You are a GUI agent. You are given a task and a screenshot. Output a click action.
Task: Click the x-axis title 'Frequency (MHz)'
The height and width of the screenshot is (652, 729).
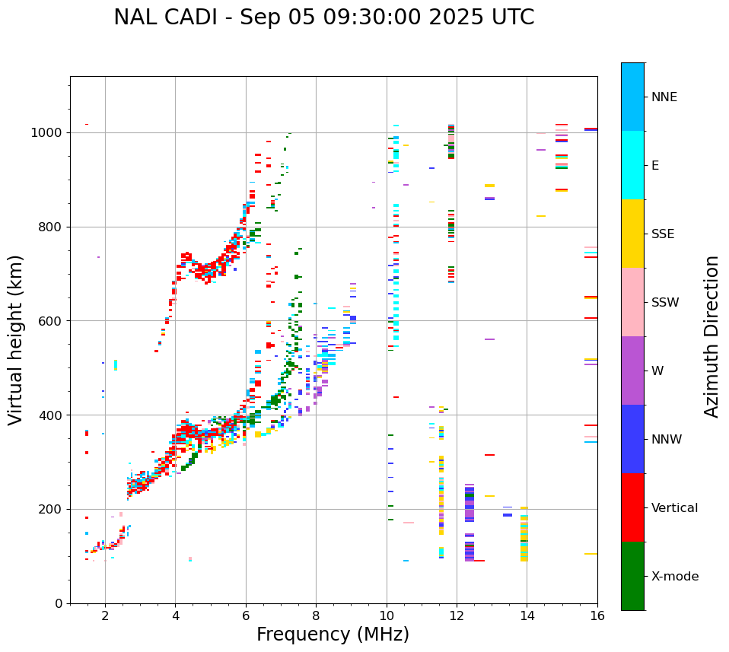[x=333, y=635]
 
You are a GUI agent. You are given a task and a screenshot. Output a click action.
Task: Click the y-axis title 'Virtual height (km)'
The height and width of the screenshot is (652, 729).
[x=16, y=339]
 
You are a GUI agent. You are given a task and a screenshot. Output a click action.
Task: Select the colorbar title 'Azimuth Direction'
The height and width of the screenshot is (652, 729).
[x=711, y=336]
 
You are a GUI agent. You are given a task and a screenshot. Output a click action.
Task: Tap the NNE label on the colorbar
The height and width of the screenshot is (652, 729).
[x=664, y=97]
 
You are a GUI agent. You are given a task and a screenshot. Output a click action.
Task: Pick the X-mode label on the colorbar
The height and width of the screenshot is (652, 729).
[x=674, y=577]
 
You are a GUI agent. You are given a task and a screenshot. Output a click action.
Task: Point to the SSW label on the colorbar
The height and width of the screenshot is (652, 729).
[x=665, y=303]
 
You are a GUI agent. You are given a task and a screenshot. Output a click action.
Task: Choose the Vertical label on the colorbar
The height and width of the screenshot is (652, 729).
[x=674, y=508]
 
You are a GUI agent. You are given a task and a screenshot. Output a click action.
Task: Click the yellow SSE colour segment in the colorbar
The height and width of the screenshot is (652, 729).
[x=632, y=233]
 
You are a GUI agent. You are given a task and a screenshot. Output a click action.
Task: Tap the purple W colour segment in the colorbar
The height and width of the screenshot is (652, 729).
[x=632, y=370]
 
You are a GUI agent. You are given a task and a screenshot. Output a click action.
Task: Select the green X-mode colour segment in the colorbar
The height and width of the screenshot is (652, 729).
[x=632, y=575]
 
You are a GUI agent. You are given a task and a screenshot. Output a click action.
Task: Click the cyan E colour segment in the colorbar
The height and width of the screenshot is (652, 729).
[x=632, y=164]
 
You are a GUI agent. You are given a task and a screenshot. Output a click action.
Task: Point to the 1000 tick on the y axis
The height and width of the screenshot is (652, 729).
[x=51, y=132]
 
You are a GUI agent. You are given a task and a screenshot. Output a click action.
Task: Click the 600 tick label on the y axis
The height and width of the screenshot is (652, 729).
[x=54, y=321]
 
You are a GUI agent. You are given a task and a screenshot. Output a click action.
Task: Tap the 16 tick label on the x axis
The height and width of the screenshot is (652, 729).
[x=597, y=616]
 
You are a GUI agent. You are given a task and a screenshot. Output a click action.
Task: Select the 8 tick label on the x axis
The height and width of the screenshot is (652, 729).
[x=316, y=616]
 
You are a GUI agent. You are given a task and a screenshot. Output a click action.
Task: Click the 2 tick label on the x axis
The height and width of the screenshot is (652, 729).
[x=105, y=616]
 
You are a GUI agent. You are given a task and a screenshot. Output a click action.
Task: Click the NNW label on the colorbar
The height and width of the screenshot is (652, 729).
[x=667, y=440]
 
